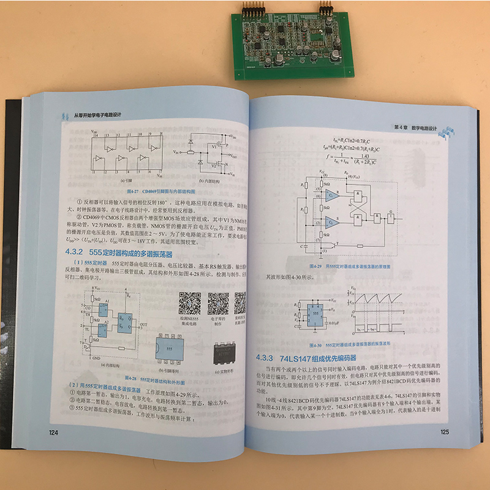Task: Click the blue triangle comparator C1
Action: (x=331, y=196)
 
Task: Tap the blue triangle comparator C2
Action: (x=331, y=223)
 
